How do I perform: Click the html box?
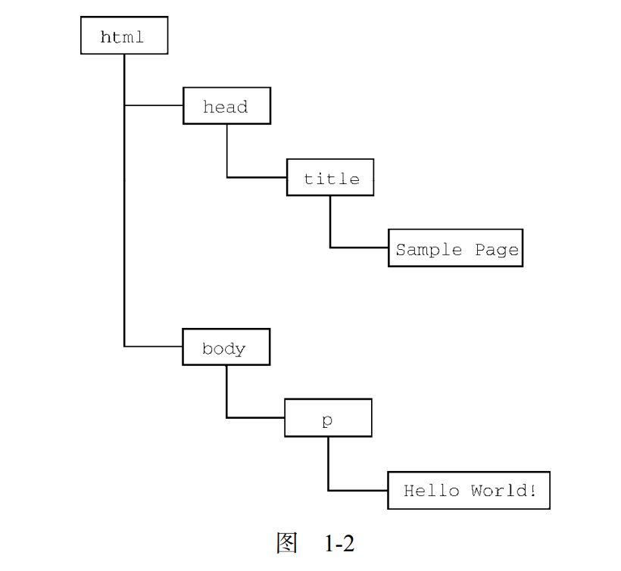[x=123, y=36]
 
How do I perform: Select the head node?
[x=226, y=106]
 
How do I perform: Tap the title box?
[x=330, y=178]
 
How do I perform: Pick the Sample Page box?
[x=456, y=248]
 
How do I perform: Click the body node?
[x=226, y=348]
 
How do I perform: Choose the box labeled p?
[x=328, y=418]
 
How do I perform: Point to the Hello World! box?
[x=469, y=490]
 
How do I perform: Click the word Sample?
[x=429, y=249]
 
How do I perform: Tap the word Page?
[x=497, y=249]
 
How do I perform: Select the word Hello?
[x=431, y=491]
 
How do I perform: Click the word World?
[x=504, y=491]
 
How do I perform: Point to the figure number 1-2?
[x=339, y=543]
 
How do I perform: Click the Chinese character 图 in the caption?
[x=286, y=543]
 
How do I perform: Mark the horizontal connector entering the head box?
[x=154, y=105]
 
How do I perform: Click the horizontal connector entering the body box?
[x=154, y=347]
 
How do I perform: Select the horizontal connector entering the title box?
[x=257, y=177]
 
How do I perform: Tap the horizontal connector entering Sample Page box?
[x=359, y=247]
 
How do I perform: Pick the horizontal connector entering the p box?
[x=256, y=417]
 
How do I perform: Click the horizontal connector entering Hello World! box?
[x=357, y=490]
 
